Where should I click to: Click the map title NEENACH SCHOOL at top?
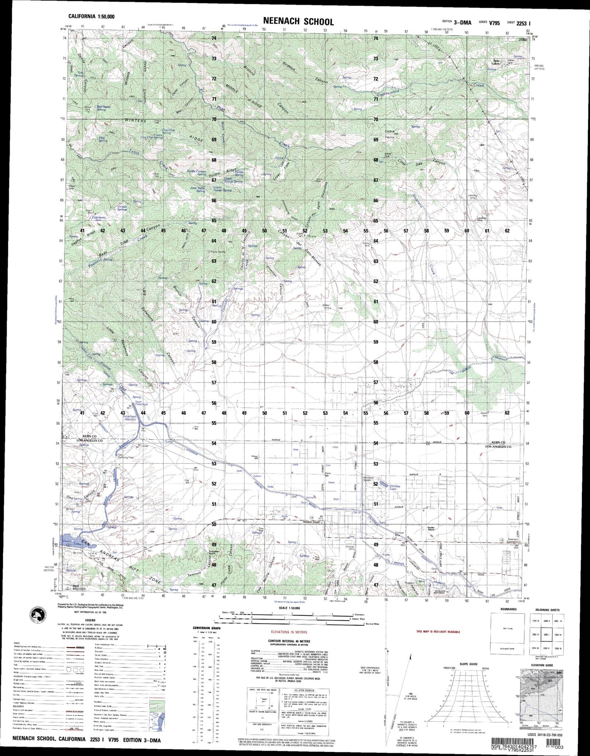(298, 22)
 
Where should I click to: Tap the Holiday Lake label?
(395, 488)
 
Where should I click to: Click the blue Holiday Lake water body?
(384, 484)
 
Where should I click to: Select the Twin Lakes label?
(496, 62)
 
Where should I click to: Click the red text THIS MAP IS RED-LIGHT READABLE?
(438, 632)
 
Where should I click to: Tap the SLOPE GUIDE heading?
(469, 664)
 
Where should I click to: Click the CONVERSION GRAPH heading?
(207, 628)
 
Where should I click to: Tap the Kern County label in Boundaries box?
(507, 625)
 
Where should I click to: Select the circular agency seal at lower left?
(39, 615)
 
